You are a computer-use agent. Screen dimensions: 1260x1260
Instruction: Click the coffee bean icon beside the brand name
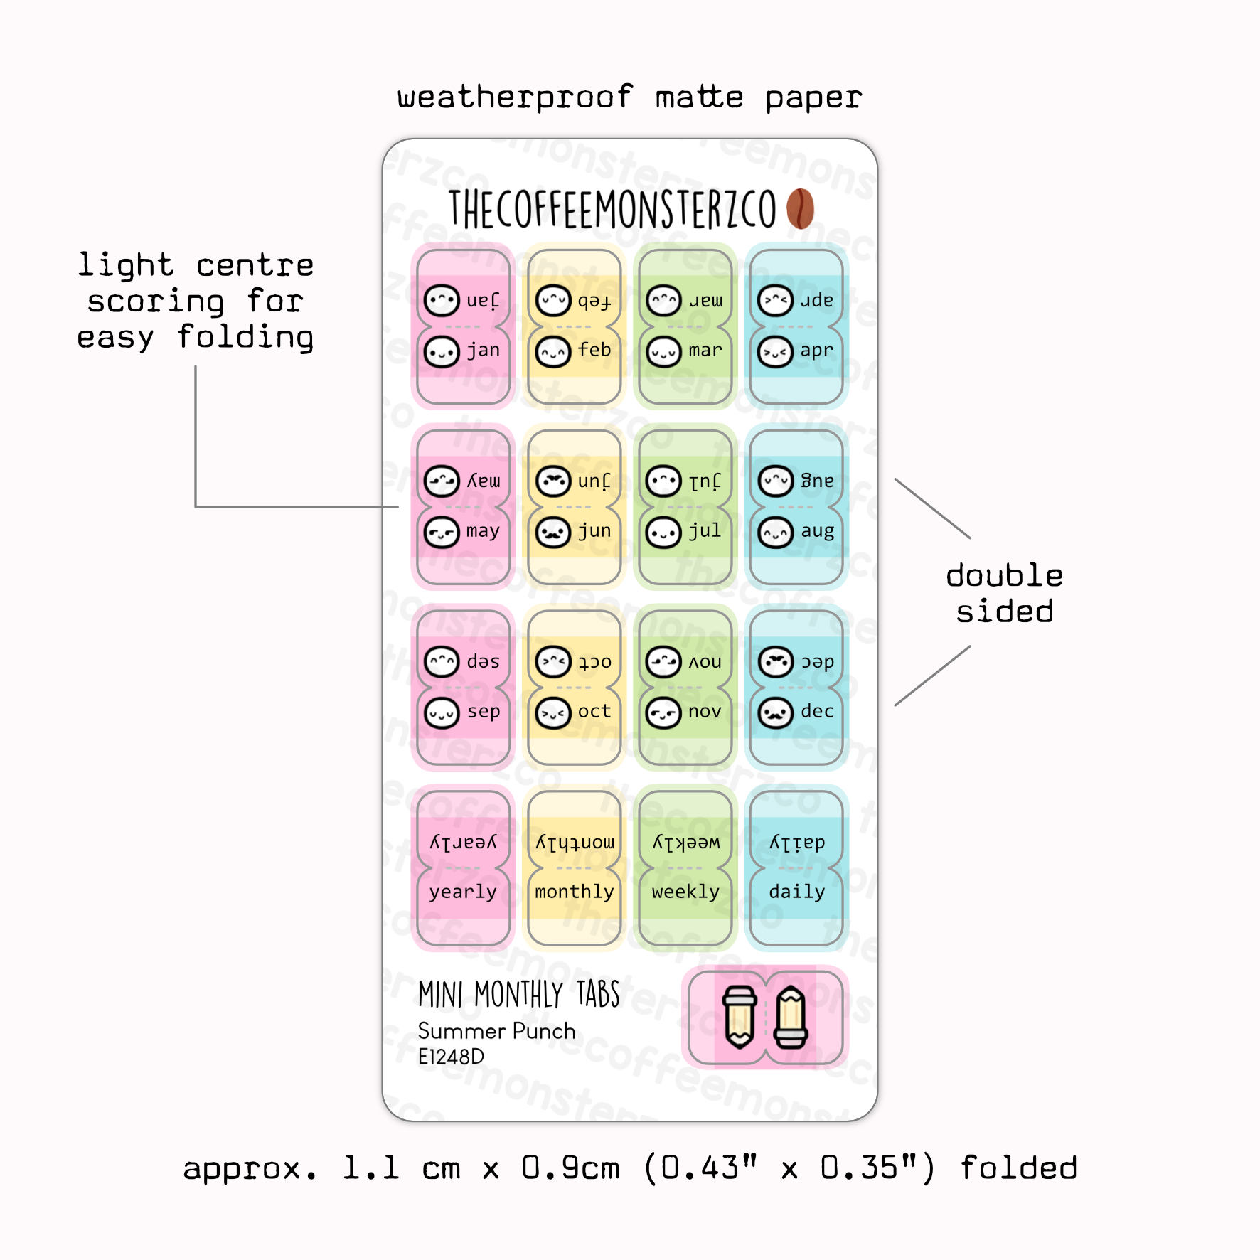800,208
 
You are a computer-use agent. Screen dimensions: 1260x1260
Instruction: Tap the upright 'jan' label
484,351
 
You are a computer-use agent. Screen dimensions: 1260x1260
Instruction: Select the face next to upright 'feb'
553,352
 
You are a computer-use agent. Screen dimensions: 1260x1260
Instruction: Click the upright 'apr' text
816,351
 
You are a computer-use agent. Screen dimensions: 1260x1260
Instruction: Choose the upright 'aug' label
818,531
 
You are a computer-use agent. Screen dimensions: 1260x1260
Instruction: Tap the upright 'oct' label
594,711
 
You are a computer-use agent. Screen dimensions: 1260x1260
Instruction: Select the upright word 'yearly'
463,892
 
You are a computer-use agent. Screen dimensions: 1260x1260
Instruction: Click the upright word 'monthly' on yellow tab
575,892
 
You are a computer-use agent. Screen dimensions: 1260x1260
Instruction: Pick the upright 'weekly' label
685,892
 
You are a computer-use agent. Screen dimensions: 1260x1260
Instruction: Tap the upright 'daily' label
797,892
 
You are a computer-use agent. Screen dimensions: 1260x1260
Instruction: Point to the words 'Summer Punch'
496,1031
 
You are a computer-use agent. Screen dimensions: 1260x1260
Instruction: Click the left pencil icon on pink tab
739,1017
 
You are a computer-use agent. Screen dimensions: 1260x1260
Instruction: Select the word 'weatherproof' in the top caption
515,97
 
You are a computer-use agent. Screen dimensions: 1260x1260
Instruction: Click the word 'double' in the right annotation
1004,575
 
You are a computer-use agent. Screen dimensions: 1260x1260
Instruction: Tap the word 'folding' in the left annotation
245,337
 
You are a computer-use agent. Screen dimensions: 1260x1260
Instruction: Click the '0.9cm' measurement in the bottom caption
570,1168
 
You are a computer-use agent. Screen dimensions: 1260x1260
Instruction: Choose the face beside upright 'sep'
442,713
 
